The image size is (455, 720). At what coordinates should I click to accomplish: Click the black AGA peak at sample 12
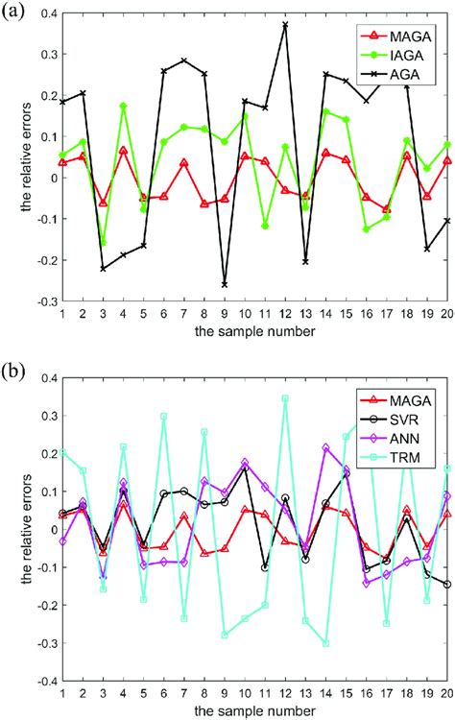[285, 24]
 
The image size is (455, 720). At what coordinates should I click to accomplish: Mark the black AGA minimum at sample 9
[225, 285]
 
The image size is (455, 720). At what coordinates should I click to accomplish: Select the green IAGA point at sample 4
[123, 106]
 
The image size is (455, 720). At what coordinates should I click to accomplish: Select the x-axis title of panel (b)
[254, 710]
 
